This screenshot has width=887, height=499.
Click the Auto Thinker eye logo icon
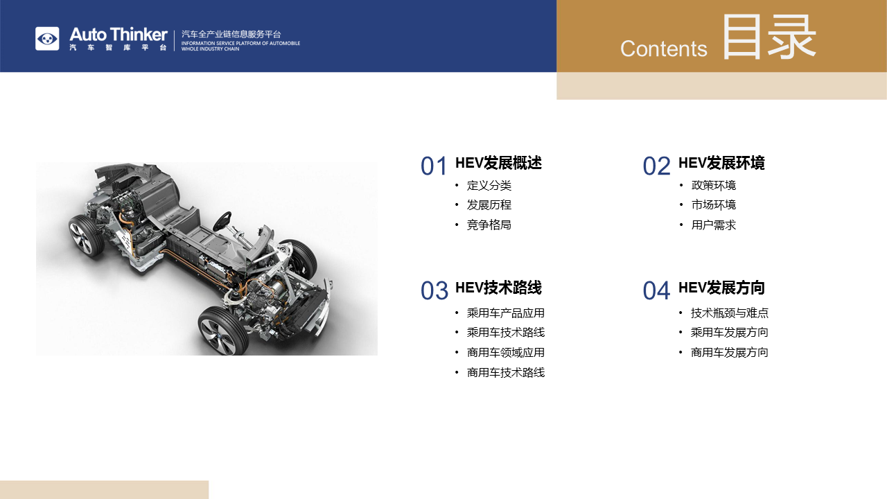(x=47, y=38)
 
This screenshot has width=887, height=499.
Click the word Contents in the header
(x=663, y=49)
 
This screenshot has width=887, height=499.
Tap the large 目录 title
(x=769, y=37)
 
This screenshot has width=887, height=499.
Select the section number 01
(x=434, y=166)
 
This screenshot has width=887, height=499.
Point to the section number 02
(x=656, y=166)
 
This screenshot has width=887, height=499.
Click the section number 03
(x=434, y=290)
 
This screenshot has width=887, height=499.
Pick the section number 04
(x=656, y=290)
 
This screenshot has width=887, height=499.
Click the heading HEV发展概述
(x=498, y=163)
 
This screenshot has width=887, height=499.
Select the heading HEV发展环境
(x=721, y=163)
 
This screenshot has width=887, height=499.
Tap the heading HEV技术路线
(x=498, y=288)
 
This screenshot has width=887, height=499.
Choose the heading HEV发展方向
(x=721, y=288)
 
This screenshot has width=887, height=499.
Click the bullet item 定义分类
(x=489, y=185)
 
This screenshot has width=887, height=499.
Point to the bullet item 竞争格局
(x=489, y=225)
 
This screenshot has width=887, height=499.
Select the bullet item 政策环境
(x=714, y=185)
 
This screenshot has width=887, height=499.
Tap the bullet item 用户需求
(x=714, y=225)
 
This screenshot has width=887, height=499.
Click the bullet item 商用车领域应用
(x=506, y=353)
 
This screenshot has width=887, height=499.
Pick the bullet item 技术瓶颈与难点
(x=730, y=313)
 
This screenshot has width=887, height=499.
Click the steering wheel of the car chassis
(x=222, y=221)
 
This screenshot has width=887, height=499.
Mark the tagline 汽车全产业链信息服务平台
(x=231, y=35)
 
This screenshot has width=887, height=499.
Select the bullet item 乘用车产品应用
(x=506, y=313)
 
